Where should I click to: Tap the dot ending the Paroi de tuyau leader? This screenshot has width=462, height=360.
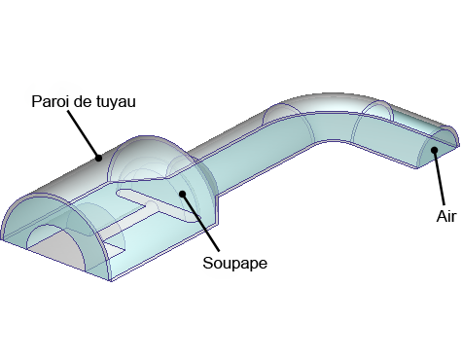(97, 155)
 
